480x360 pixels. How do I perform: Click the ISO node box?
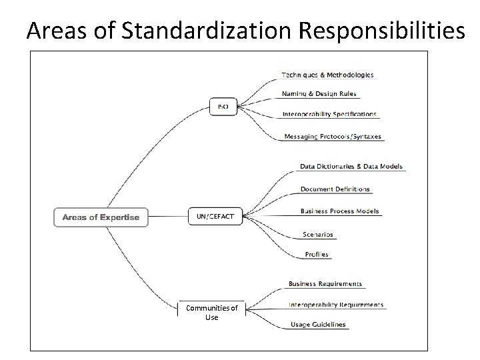pyautogui.click(x=223, y=107)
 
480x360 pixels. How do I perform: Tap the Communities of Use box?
pyautogui.click(x=212, y=312)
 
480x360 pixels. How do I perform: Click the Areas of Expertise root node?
pyautogui.click(x=101, y=217)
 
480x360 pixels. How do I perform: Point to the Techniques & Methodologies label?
pyautogui.click(x=327, y=75)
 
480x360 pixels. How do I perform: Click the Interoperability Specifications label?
pyautogui.click(x=329, y=114)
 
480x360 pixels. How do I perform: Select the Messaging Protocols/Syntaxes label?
pyautogui.click(x=333, y=137)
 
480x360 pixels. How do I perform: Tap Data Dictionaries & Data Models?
pyautogui.click(x=351, y=166)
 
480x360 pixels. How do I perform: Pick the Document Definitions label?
pyautogui.click(x=335, y=189)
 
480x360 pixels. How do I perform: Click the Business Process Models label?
pyautogui.click(x=339, y=211)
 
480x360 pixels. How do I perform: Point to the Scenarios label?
pyautogui.click(x=317, y=235)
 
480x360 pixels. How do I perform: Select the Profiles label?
pyautogui.click(x=317, y=254)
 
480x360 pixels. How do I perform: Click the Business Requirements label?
pyautogui.click(x=325, y=284)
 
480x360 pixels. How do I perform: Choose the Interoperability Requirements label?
pyautogui.click(x=336, y=305)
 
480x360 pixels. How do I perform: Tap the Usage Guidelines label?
pyautogui.click(x=318, y=325)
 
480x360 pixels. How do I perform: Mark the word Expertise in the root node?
pyautogui.click(x=121, y=217)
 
